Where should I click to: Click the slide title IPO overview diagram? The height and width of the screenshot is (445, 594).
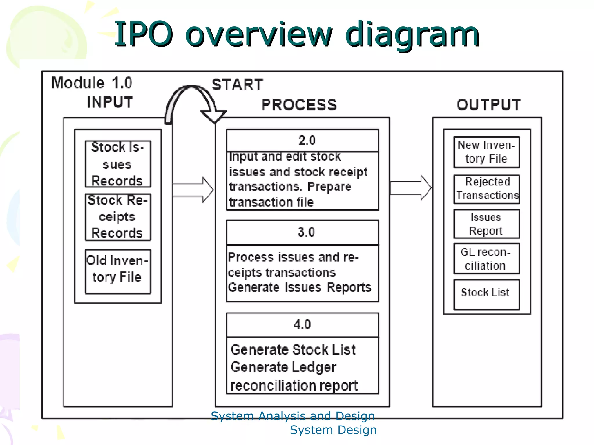tap(296, 34)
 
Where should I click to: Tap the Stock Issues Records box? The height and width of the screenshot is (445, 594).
tap(118, 164)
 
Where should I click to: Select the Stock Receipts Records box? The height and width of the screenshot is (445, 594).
tap(118, 217)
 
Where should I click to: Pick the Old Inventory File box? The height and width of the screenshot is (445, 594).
tap(118, 271)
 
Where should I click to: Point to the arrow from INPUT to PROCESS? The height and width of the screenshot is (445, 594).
tap(193, 190)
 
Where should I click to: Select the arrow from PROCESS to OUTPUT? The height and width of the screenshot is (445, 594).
tap(410, 188)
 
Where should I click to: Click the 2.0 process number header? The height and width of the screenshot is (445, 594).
tap(302, 141)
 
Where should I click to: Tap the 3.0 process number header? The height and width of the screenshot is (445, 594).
tap(302, 232)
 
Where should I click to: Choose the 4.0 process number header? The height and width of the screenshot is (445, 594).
tap(302, 324)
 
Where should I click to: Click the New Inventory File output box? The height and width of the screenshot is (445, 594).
tap(487, 152)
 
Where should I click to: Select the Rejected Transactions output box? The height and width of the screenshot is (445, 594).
tap(487, 189)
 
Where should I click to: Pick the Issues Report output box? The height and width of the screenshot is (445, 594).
tap(487, 224)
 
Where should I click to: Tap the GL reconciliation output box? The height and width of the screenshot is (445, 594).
tap(487, 259)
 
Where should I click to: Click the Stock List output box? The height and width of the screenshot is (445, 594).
tap(487, 294)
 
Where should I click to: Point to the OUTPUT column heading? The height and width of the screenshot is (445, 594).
tap(489, 105)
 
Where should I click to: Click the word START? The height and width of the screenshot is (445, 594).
tap(237, 85)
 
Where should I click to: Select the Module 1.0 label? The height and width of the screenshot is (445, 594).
tap(92, 83)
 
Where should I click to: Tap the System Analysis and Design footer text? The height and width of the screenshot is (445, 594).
tap(293, 416)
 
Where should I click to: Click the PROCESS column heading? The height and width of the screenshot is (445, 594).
tap(299, 105)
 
